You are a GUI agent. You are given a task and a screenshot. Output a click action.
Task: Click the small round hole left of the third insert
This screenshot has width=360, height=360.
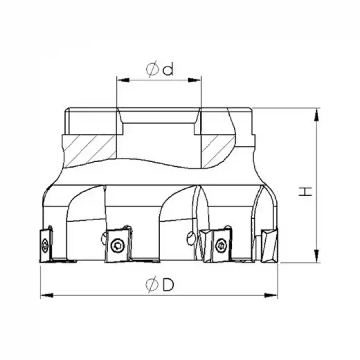tap(191, 238)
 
